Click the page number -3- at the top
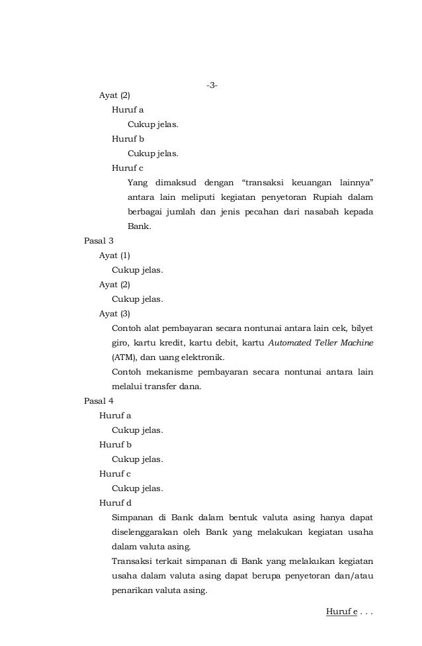[x=212, y=85]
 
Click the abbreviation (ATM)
[x=124, y=357]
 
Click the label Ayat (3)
[x=114, y=314]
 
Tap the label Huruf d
[x=115, y=503]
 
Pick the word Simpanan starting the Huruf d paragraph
[x=132, y=518]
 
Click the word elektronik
[x=200, y=357]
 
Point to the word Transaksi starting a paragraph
[x=134, y=561]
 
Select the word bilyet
[x=361, y=328]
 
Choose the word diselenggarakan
[x=150, y=532]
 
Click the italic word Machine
[x=355, y=343]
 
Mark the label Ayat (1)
[x=114, y=255]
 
